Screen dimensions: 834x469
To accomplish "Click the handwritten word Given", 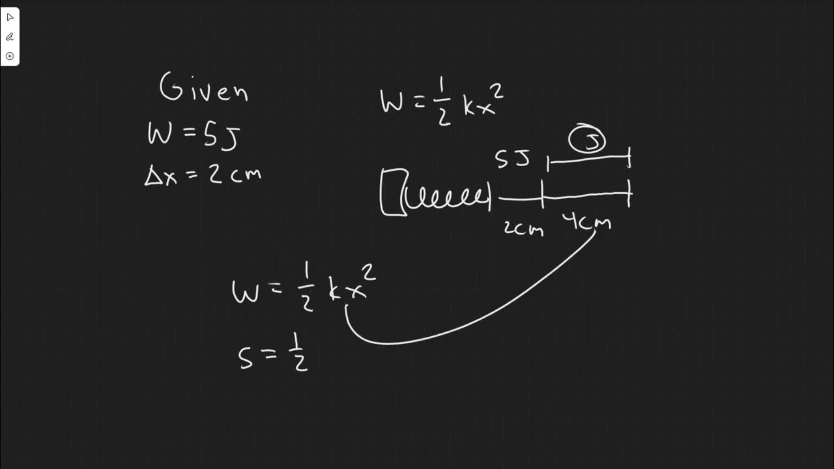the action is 204,89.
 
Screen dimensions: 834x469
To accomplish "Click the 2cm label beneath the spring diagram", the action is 523,227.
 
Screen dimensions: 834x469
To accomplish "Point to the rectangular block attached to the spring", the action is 393,192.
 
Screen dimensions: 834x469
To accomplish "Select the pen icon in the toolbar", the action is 10,37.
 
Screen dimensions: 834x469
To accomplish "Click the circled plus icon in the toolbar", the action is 10,56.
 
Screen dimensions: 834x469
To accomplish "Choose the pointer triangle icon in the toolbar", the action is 10,18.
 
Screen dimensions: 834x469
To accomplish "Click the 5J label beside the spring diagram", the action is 513,158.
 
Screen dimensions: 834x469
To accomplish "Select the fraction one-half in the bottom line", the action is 298,355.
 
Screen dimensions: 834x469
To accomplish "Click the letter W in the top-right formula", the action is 392,102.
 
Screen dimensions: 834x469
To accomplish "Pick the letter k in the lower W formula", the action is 335,291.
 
